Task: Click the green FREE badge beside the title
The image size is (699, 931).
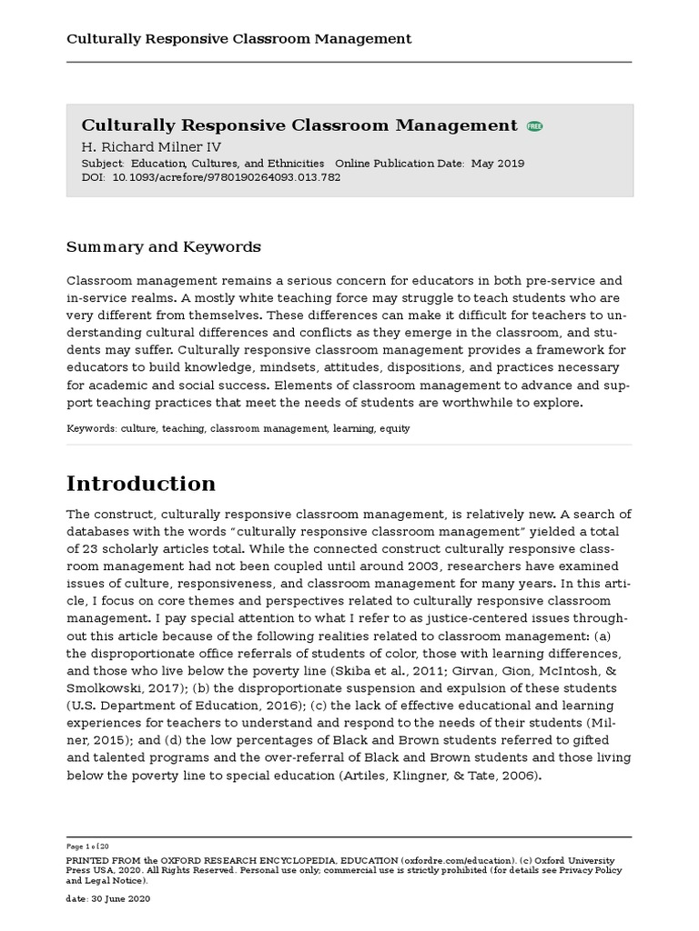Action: point(534,126)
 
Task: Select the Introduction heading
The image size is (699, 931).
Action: point(141,483)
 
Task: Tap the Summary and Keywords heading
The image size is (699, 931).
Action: point(164,247)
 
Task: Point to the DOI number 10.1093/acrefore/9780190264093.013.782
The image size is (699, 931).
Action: point(226,178)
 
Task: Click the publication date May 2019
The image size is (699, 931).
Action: point(497,164)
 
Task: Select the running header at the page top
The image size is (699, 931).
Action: point(239,38)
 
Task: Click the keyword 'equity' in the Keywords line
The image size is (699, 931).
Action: point(395,428)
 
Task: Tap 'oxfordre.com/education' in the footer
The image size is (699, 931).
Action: point(451,860)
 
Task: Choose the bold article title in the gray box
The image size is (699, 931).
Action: point(299,125)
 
